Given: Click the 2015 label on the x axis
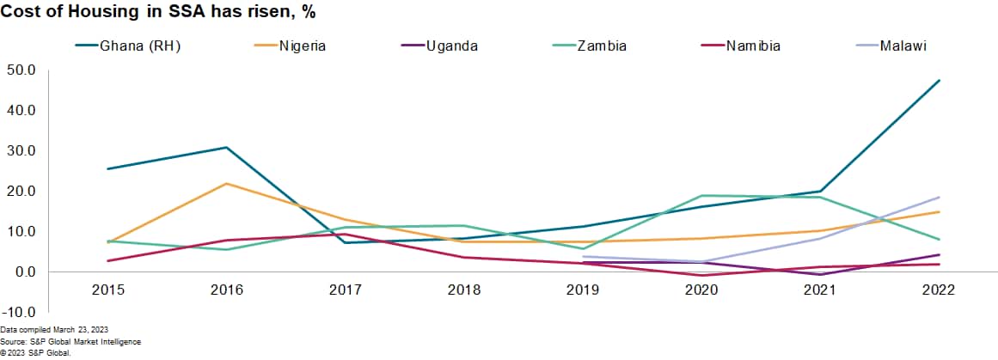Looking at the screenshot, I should click(108, 290).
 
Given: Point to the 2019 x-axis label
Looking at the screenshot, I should click(583, 290).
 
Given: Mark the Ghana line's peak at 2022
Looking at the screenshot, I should click(939, 80).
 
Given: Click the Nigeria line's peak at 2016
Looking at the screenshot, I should click(227, 183).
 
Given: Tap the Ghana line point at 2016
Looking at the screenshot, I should click(227, 147).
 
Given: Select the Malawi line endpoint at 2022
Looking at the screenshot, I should click(939, 197).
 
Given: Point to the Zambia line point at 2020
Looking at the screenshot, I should click(701, 195).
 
